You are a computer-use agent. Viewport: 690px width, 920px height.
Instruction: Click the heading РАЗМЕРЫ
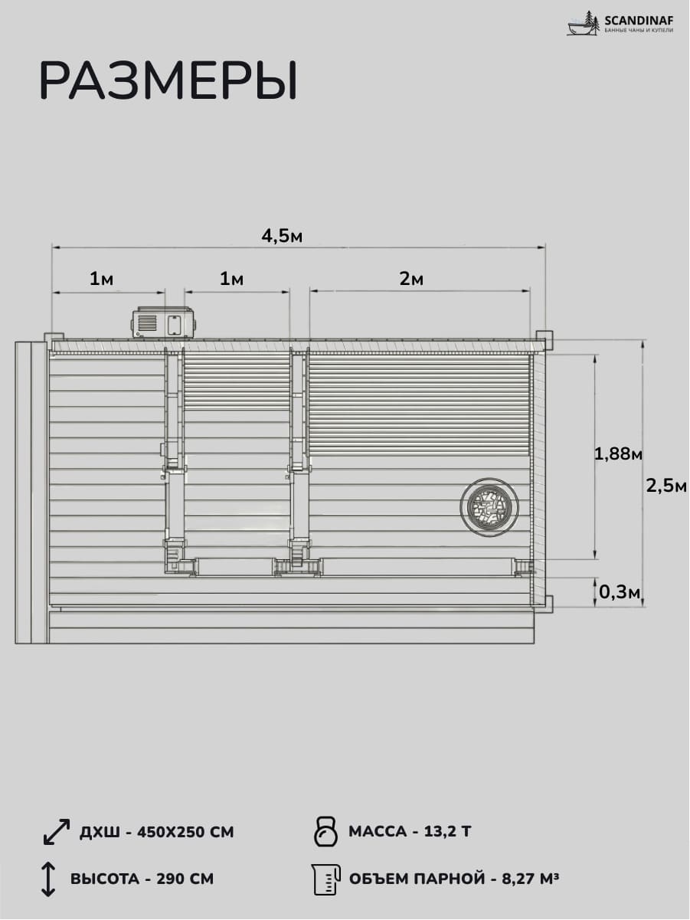pos(168,80)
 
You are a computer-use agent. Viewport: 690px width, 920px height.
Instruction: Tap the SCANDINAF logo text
pos(639,20)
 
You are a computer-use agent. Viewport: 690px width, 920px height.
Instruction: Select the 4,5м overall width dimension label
pos(282,237)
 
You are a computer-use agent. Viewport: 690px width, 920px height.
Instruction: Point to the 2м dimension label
pos(411,279)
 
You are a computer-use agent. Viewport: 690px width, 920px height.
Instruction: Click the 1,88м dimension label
pos(618,453)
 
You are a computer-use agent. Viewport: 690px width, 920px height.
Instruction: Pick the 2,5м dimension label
pos(666,486)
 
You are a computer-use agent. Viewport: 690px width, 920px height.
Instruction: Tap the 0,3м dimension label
pos(620,592)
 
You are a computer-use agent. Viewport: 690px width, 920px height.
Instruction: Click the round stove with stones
pos(489,506)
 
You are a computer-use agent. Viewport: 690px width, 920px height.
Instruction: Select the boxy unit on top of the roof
pos(165,323)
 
